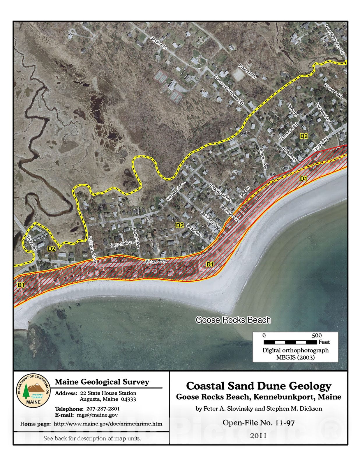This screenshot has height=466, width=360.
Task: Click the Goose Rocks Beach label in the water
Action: (233, 320)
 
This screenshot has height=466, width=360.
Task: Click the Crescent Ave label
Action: (122, 243)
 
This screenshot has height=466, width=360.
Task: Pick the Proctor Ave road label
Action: (263, 160)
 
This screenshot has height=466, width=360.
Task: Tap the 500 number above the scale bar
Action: (317, 335)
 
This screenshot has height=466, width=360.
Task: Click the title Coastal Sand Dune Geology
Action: (259, 386)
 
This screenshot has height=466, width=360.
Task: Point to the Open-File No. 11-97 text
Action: (259, 422)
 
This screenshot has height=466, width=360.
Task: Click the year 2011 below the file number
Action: (258, 435)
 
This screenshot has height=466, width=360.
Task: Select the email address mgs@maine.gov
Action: (97, 415)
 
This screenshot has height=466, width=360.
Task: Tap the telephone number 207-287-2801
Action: (103, 409)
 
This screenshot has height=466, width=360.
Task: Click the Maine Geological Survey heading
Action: (102, 382)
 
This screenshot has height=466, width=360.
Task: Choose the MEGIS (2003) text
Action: (295, 357)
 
